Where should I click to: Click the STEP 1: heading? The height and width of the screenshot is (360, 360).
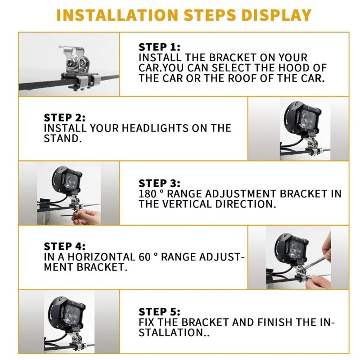point(159,47)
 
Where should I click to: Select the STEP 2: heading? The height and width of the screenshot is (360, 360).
point(64,118)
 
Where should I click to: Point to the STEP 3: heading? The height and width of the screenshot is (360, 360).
point(159,184)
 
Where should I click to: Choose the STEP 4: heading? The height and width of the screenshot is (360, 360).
point(64,247)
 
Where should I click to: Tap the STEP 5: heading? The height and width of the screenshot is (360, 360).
point(159,312)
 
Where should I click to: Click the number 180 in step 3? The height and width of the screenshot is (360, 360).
point(148,194)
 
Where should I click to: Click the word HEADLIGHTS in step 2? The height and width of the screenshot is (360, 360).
point(135,128)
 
